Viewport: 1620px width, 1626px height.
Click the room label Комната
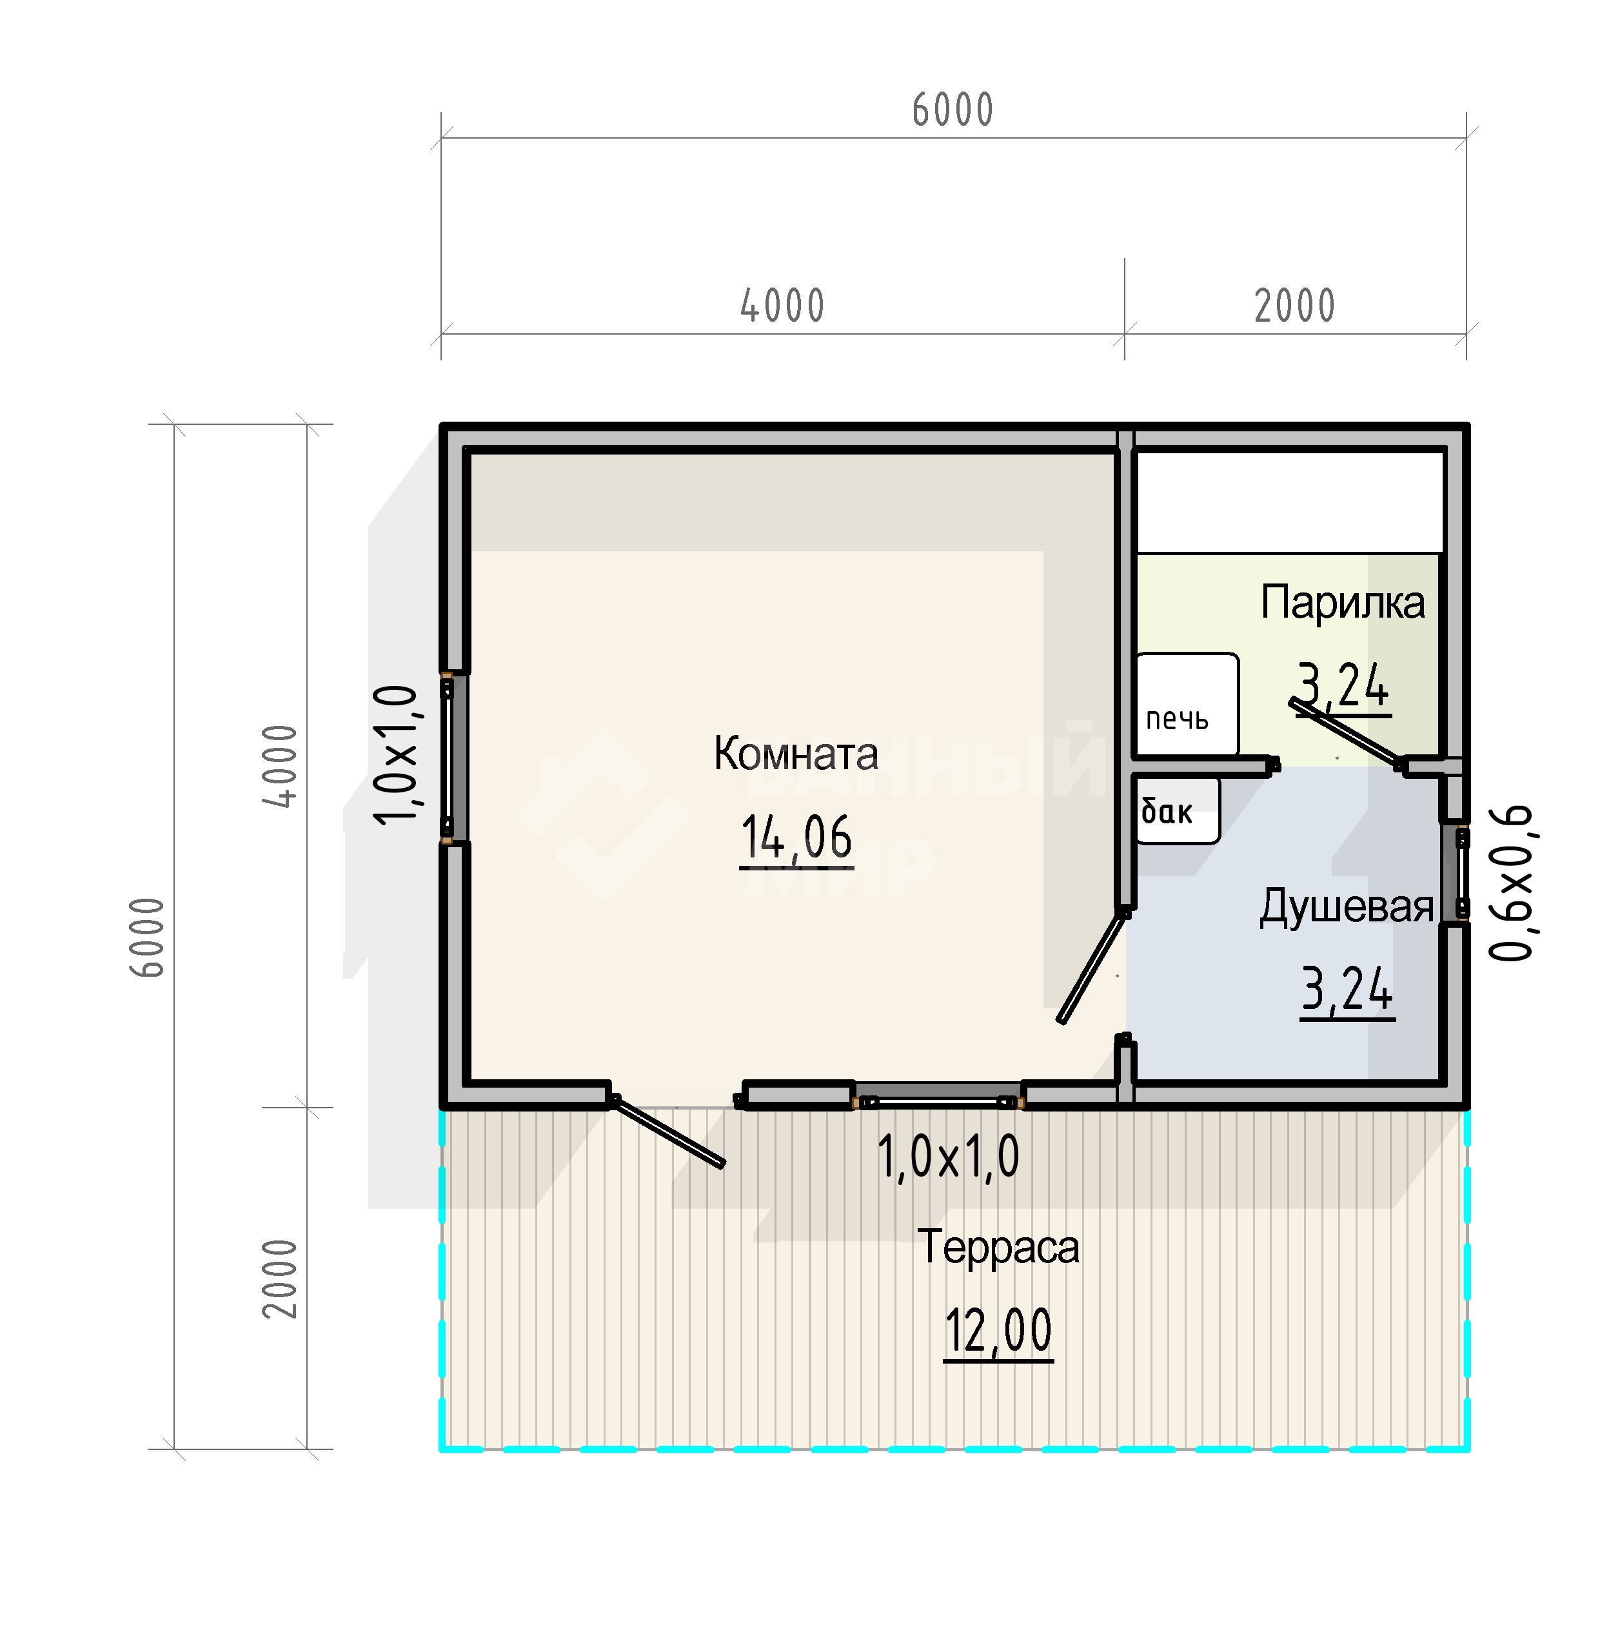(796, 753)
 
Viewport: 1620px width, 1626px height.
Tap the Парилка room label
(1342, 603)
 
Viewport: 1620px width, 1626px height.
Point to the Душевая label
(1345, 907)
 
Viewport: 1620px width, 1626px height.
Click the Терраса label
(998, 1246)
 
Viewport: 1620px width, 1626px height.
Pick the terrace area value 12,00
(998, 1331)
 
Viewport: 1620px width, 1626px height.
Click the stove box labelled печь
(1187, 705)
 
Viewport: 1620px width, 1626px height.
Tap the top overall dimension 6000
(953, 110)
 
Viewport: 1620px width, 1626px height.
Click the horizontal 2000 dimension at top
(1295, 306)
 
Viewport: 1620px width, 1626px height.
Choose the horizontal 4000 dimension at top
(782, 306)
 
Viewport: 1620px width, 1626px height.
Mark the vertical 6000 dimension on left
(147, 937)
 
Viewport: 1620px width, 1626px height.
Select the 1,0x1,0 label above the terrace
(948, 1157)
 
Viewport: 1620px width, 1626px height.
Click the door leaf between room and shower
(1092, 966)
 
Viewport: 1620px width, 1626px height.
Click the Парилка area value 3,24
(1344, 685)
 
